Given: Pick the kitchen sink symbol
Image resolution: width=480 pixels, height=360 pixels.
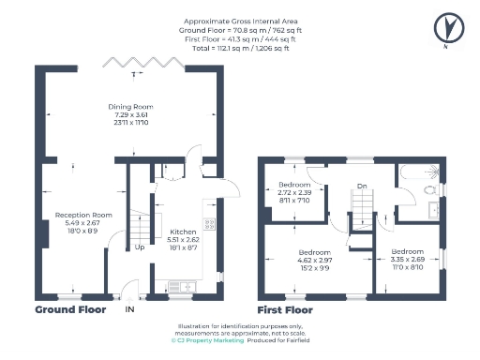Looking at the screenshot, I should (x=177, y=286).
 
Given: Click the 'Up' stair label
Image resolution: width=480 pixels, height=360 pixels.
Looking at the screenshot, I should (x=140, y=247).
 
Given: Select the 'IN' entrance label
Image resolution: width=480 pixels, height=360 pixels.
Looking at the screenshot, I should (x=130, y=308).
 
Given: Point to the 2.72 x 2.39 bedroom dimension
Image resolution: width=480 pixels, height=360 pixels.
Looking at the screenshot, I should (x=296, y=191).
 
